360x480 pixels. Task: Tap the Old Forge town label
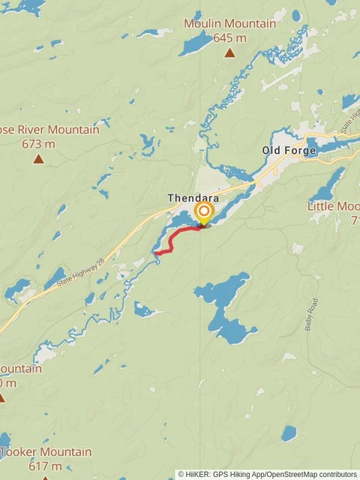point(289,150)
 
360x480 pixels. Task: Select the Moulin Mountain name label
point(230,24)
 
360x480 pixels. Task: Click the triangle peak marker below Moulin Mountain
point(230,53)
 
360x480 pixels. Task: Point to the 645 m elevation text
point(230,37)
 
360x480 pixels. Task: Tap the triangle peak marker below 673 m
point(38,159)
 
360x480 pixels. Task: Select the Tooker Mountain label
point(46,452)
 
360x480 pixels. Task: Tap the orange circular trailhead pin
point(202,211)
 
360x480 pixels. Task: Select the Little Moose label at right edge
point(334,205)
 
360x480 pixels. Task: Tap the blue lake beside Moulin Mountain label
point(197,43)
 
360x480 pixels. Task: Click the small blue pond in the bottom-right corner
point(289,433)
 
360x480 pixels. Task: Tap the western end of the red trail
point(157,253)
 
